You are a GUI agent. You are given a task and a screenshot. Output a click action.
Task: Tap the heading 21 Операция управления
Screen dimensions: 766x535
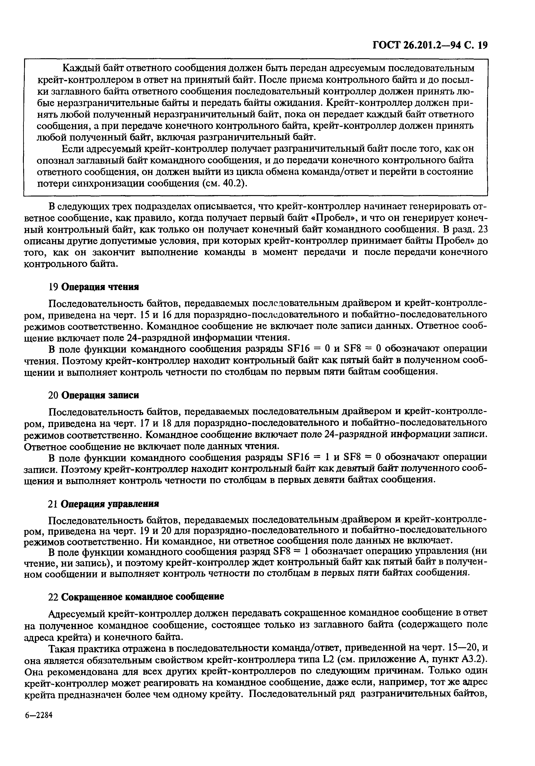click(103, 503)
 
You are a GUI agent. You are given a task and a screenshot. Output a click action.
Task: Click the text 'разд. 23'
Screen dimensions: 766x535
click(471, 229)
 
